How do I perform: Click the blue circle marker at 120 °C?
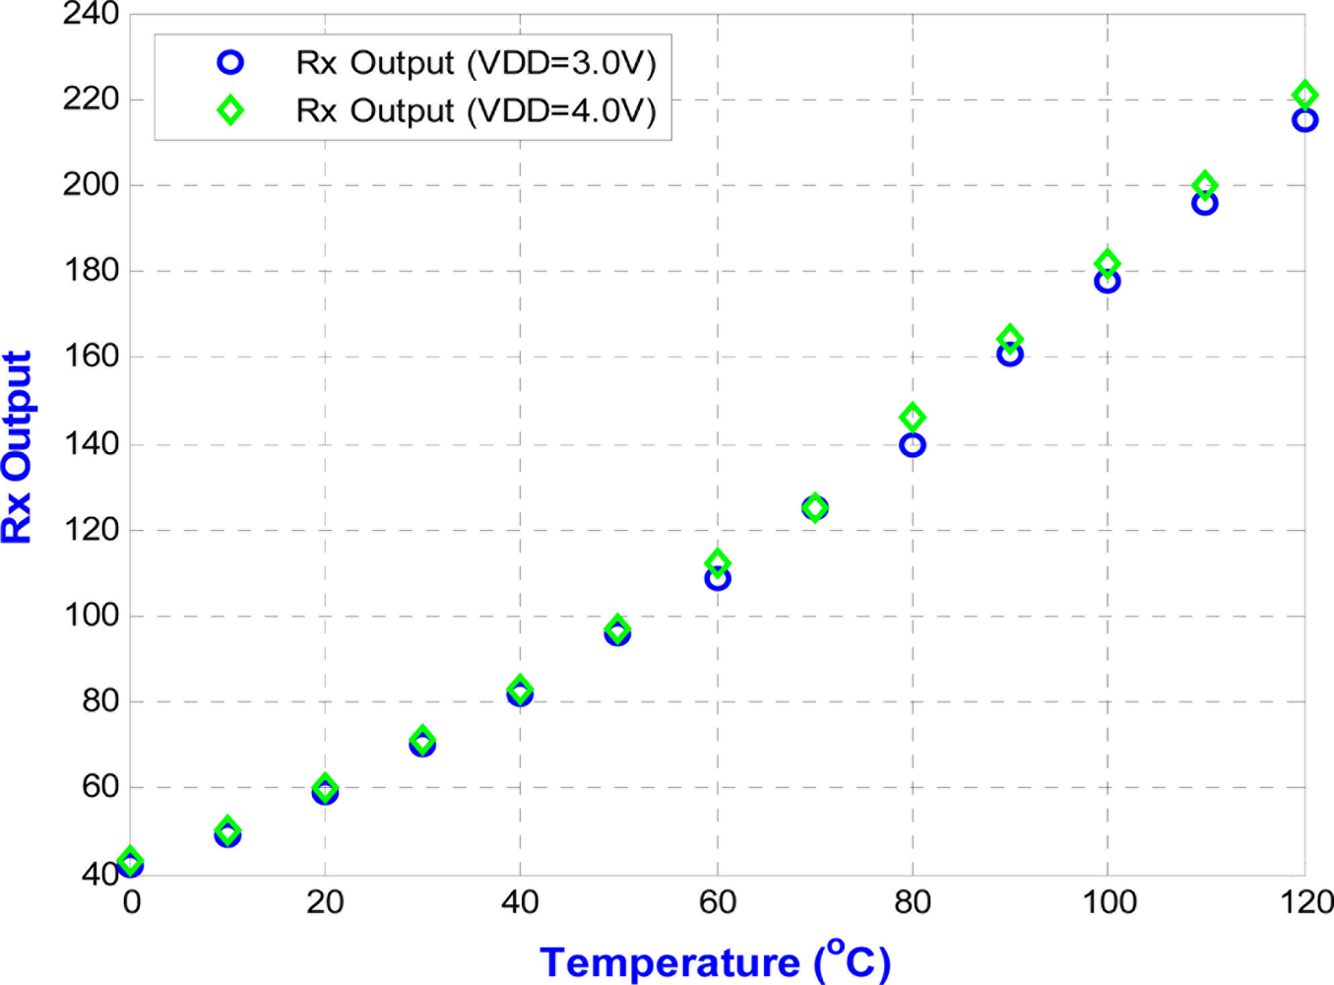[1304, 120]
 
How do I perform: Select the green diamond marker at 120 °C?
[1304, 95]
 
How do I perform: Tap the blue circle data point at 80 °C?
[913, 445]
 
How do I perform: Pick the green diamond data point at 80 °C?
[913, 418]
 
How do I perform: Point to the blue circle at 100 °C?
[1107, 282]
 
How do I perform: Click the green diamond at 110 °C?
[1204, 185]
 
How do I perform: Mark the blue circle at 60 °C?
[718, 579]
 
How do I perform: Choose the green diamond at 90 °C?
[1009, 339]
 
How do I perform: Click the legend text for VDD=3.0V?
[476, 63]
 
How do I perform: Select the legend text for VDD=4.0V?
[476, 110]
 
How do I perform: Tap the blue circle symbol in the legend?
[229, 63]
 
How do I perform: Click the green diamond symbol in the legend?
[229, 110]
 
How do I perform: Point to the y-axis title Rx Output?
[18, 447]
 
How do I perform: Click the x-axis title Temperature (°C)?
[716, 960]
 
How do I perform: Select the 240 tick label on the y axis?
[91, 15]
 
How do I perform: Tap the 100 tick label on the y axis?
[91, 616]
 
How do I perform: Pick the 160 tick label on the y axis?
[91, 357]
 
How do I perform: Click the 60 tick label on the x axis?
[718, 902]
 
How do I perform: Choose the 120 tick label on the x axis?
[1306, 902]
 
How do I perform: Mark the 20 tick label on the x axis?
[325, 902]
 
